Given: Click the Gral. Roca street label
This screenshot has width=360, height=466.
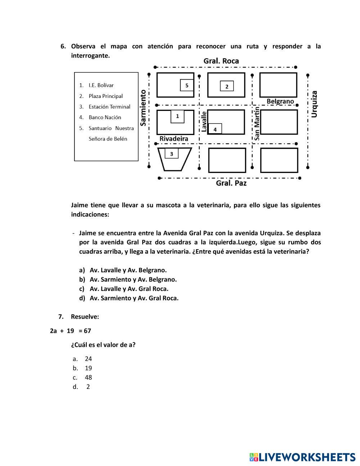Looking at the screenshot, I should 221,61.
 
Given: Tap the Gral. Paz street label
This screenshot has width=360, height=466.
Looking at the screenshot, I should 231,183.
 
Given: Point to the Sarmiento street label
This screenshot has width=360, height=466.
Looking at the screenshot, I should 143,108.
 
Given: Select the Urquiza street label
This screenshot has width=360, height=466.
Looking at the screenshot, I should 314,104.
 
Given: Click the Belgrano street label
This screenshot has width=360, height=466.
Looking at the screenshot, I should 280,102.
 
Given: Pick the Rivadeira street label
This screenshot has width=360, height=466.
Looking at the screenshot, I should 174,139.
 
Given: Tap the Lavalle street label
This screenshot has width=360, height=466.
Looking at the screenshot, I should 204,121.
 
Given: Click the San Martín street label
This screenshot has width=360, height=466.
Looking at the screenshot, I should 257,123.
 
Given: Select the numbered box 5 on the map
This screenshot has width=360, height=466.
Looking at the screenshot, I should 186,85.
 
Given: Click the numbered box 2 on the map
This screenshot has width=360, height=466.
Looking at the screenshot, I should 227,86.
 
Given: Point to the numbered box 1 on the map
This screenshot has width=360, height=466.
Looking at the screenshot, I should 177,116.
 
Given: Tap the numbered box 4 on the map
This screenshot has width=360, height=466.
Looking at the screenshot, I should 215,129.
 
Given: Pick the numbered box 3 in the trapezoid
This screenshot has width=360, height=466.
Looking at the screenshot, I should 171,154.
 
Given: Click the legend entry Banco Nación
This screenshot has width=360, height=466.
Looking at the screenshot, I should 105,117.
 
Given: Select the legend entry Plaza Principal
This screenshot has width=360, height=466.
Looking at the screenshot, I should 105,96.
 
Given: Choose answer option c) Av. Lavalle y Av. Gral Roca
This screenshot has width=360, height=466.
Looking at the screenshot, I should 129,288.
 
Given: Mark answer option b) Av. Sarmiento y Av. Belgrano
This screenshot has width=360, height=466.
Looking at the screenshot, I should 133,279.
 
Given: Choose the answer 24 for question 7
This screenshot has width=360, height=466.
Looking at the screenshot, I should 88,359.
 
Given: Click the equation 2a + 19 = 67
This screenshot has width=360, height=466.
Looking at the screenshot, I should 71,331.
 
